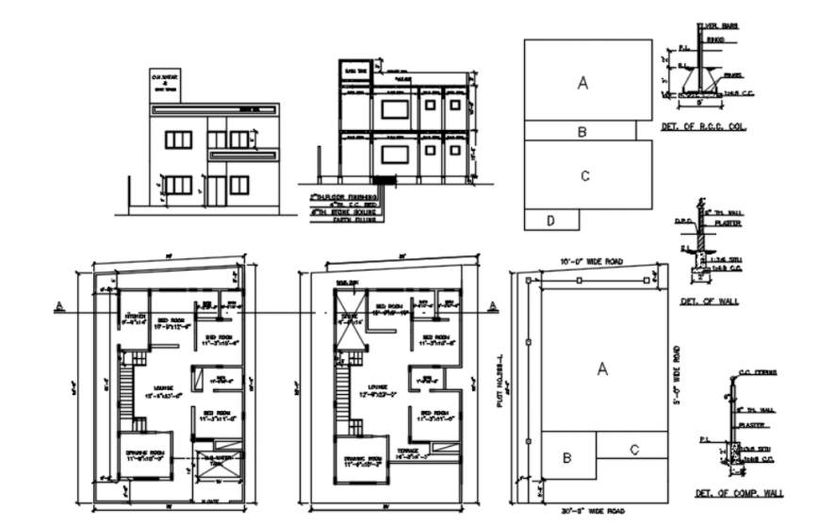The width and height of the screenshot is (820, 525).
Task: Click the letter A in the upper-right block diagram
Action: tap(583, 83)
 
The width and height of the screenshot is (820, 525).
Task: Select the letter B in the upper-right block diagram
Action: tap(582, 131)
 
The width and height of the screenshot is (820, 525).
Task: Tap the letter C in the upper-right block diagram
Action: tap(585, 175)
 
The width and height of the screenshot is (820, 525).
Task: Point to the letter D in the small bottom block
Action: tap(549, 221)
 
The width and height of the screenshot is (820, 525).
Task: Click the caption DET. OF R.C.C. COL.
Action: tap(703, 126)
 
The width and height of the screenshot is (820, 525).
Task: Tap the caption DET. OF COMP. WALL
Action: tap(738, 493)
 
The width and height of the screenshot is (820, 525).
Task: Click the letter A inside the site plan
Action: tap(603, 370)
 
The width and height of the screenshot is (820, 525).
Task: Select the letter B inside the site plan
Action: tap(567, 458)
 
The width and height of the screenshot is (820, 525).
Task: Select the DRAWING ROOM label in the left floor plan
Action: tap(144, 459)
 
